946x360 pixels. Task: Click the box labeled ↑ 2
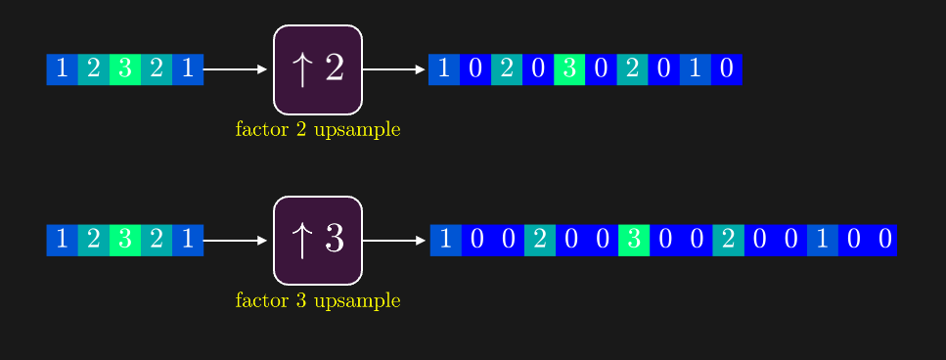pos(318,69)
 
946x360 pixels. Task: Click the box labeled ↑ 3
pos(318,240)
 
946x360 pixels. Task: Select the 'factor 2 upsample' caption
pos(318,129)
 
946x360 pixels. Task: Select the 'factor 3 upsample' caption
pos(318,300)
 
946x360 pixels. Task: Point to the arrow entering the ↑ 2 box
pos(235,69)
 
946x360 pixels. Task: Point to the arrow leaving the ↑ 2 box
pos(394,69)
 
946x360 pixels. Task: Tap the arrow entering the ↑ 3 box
pos(235,240)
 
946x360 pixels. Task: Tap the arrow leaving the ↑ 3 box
pos(394,240)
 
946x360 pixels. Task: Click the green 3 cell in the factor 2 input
pos(125,69)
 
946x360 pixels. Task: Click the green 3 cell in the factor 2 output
pos(569,69)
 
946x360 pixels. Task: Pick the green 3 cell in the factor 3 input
pos(125,240)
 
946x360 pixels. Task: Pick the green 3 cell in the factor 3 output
pos(634,240)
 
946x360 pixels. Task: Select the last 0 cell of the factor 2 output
pos(726,69)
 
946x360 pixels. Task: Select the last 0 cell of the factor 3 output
pos(884,240)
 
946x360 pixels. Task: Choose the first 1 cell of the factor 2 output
pos(444,69)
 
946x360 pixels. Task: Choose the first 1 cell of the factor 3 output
pos(446,240)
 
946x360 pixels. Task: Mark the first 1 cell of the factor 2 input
pos(63,69)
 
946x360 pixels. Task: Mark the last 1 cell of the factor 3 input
pos(188,240)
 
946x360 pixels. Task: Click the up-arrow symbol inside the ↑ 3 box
pos(301,241)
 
